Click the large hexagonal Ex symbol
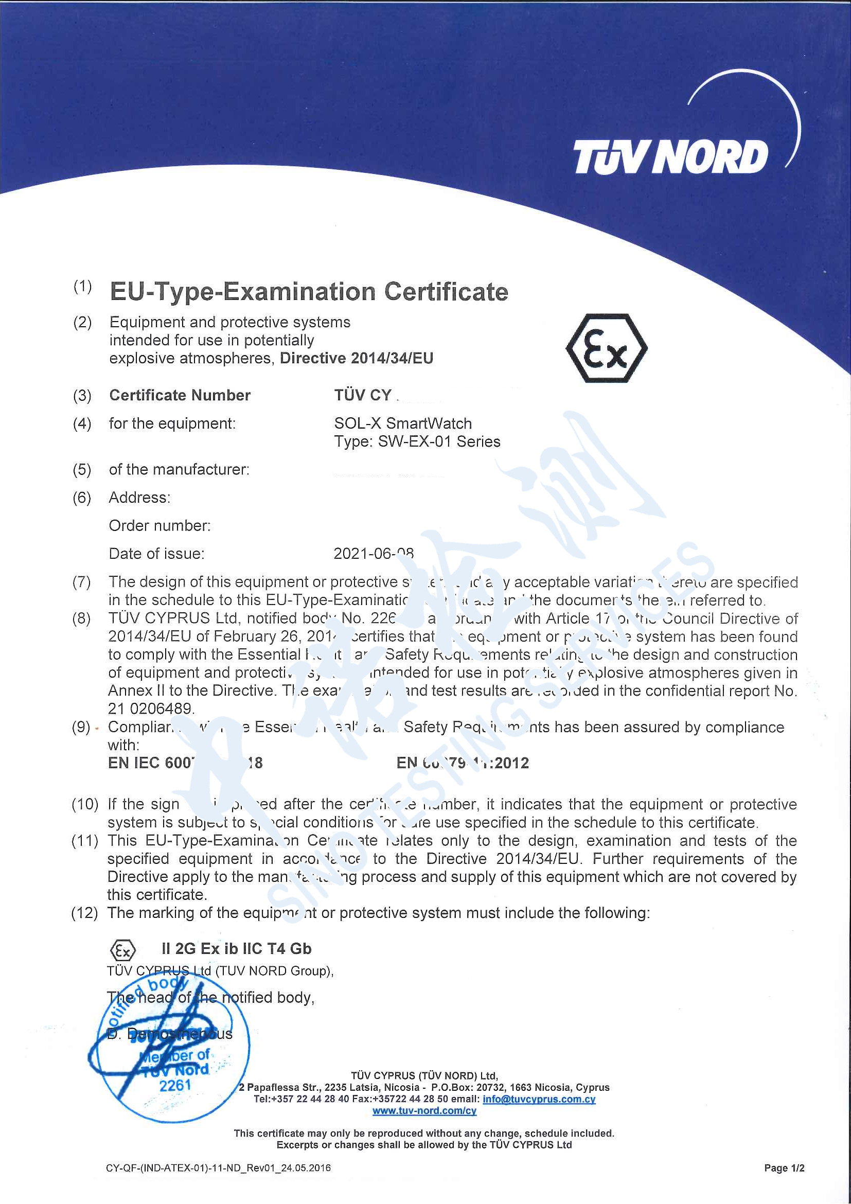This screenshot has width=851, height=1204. pos(606,348)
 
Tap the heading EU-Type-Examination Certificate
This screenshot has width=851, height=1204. pos(309,292)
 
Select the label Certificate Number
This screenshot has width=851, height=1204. pos(180,395)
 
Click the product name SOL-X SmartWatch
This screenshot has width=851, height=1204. pos(403,423)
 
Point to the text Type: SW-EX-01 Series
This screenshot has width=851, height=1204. pos(417,441)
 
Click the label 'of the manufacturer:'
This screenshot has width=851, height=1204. pos(179,469)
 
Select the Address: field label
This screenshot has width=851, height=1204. pos(139,497)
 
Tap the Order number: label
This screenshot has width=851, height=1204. pos(159,525)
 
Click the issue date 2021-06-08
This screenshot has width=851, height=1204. pos(374,554)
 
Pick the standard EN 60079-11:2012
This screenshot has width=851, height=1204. pos(463,763)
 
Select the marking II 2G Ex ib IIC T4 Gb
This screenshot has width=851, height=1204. pos(237,949)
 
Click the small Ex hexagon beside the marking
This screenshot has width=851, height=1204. pos(122,950)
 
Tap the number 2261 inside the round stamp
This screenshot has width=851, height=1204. pos(175,1086)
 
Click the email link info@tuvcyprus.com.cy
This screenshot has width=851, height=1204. pos(539,1099)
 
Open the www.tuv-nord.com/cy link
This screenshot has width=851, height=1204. pos(424,1111)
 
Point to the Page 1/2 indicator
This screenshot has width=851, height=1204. pos(784,1168)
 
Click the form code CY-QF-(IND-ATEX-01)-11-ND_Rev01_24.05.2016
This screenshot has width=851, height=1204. pos(218,1168)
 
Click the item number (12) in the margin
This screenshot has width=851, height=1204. pos(84,913)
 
